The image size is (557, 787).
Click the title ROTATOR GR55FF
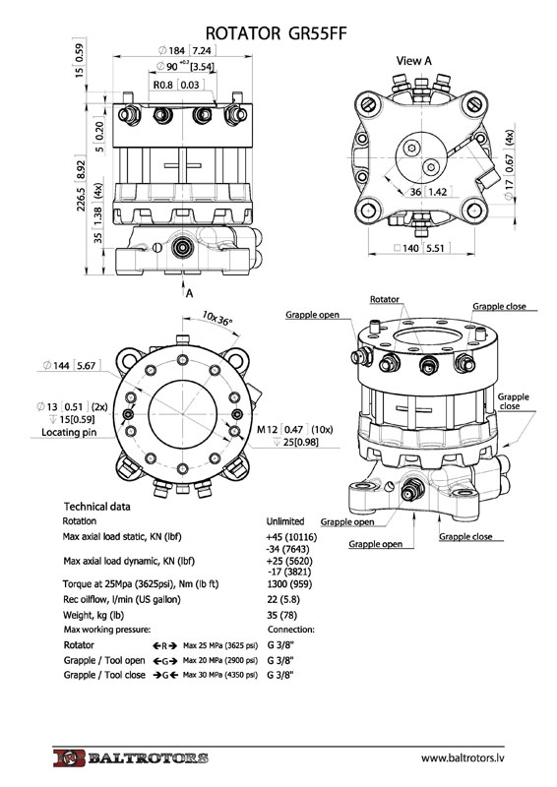click(276, 33)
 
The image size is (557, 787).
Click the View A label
click(413, 61)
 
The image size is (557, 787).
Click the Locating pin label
click(69, 432)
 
